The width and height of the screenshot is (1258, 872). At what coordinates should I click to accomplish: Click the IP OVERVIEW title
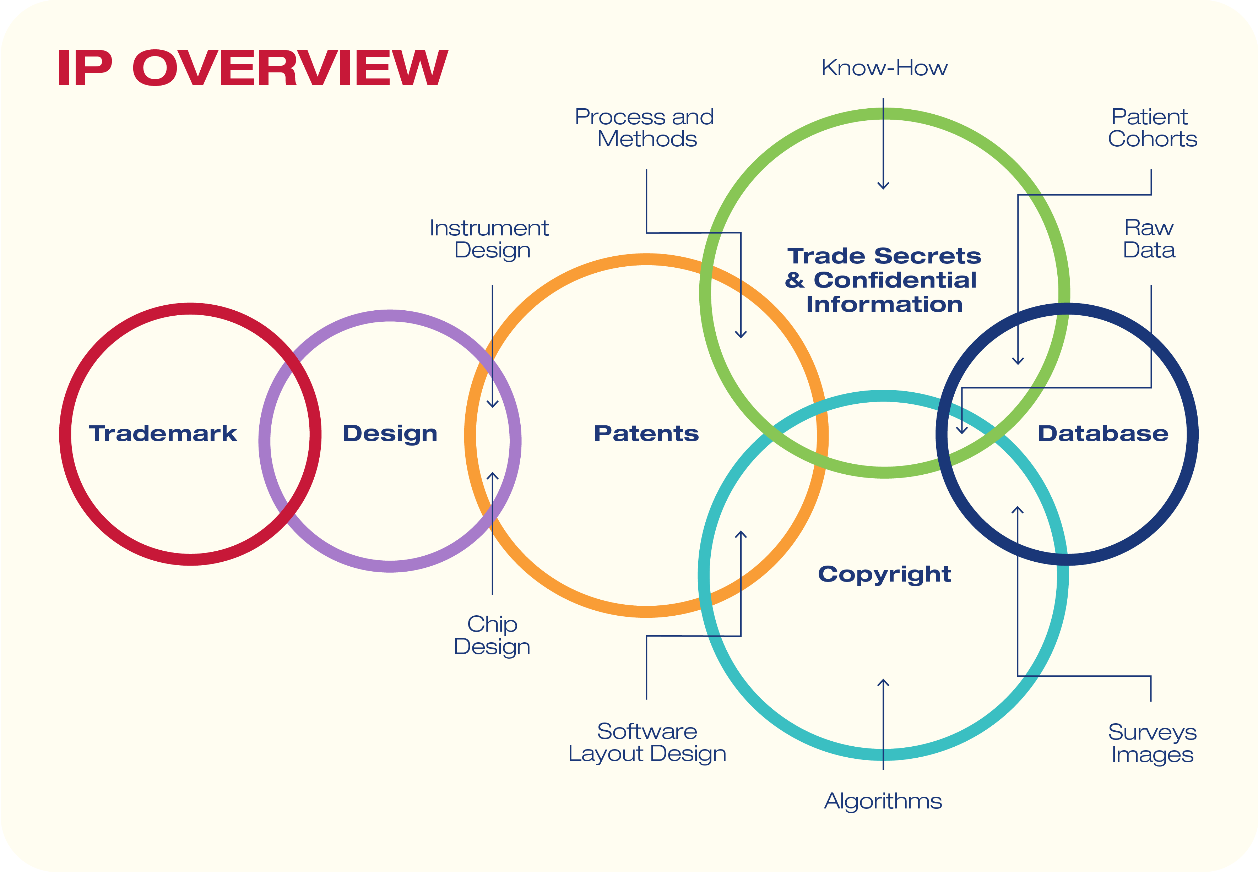[x=253, y=68]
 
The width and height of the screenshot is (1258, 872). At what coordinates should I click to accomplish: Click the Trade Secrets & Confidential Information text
[x=884, y=280]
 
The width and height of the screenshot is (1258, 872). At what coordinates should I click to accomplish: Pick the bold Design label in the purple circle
[x=390, y=434]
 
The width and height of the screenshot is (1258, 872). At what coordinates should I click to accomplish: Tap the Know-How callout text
[x=884, y=68]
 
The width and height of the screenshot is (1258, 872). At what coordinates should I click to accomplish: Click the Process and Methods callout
[x=645, y=128]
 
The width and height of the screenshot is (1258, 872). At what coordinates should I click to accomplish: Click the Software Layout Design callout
[x=647, y=742]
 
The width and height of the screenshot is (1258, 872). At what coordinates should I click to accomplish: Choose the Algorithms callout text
[x=883, y=801]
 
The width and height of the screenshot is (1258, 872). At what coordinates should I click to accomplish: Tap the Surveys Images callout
[x=1152, y=743]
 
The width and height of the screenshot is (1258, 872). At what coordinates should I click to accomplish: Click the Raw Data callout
[x=1149, y=239]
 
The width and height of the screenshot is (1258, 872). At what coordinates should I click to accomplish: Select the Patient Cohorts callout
[x=1152, y=128]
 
